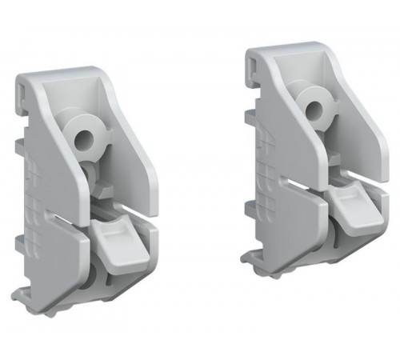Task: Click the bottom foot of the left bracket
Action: [x=64, y=307]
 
